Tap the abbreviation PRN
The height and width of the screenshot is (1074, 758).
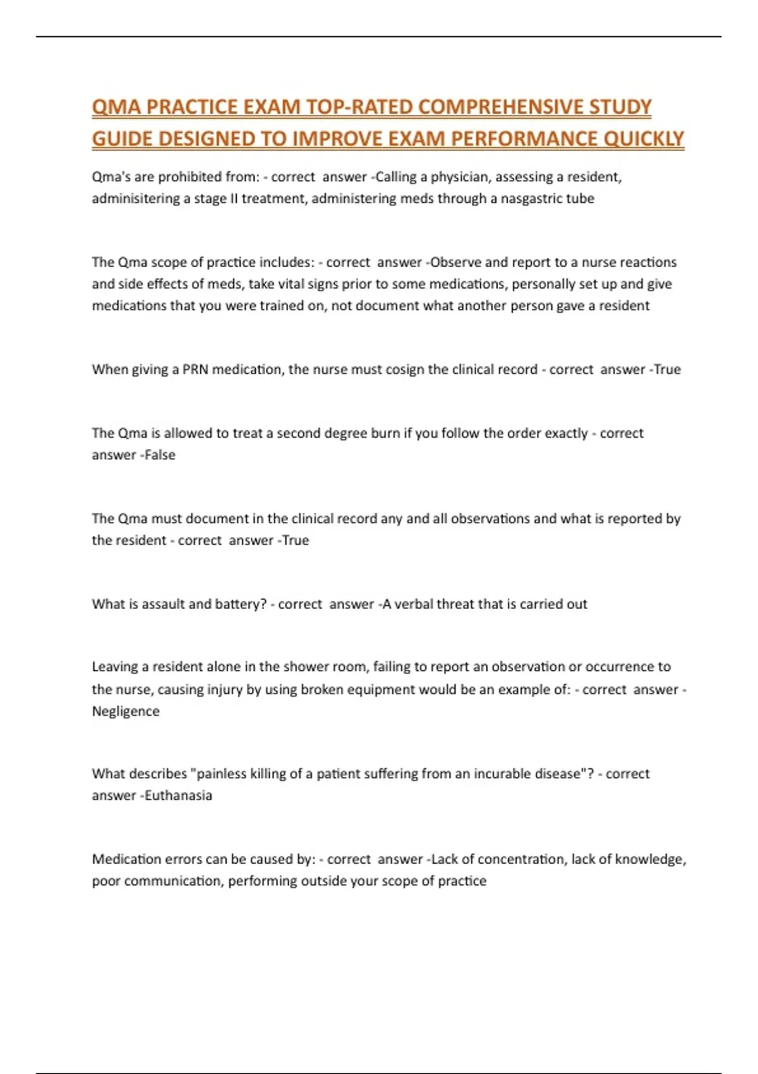(195, 370)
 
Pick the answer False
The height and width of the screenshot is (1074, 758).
(160, 455)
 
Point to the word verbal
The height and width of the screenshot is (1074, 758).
(415, 604)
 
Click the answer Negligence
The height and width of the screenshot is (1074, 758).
(126, 711)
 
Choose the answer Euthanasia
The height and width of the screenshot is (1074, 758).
(178, 795)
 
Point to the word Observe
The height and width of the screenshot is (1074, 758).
(455, 262)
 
